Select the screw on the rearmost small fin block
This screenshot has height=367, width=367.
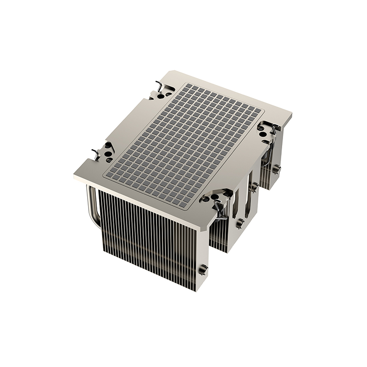(x=277, y=169)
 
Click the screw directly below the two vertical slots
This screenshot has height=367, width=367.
(x=239, y=223)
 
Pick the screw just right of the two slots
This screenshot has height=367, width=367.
(x=254, y=187)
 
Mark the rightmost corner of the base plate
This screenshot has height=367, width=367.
(x=292, y=113)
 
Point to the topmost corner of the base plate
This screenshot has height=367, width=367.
(x=170, y=71)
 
